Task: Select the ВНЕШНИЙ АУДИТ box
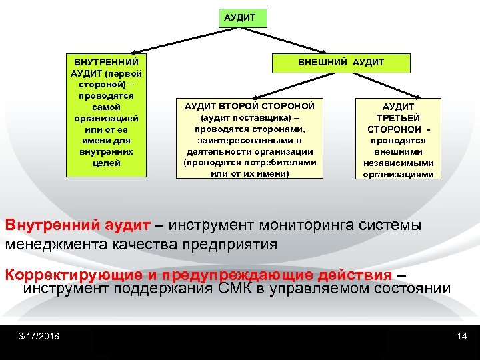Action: (x=340, y=63)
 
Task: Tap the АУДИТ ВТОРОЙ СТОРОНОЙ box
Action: (x=249, y=139)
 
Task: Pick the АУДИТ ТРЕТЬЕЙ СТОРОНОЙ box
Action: (x=397, y=140)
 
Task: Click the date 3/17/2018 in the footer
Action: (x=39, y=335)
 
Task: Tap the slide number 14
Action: (x=462, y=335)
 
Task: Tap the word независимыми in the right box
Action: (x=398, y=163)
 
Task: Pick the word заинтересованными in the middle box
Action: (x=249, y=141)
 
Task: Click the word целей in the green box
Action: (x=106, y=163)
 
